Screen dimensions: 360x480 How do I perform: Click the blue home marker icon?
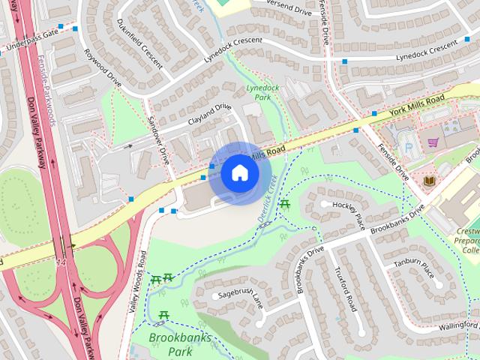[239, 173]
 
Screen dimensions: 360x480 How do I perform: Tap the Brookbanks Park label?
[180, 344]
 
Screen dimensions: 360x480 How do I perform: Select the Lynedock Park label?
[258, 92]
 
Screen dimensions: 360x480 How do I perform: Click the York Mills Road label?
[418, 104]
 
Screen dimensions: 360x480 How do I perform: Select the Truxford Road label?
[345, 289]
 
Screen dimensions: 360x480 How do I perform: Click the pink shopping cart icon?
[433, 141]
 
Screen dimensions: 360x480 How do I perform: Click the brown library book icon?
[429, 181]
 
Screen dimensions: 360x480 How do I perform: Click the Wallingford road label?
[459, 325]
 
